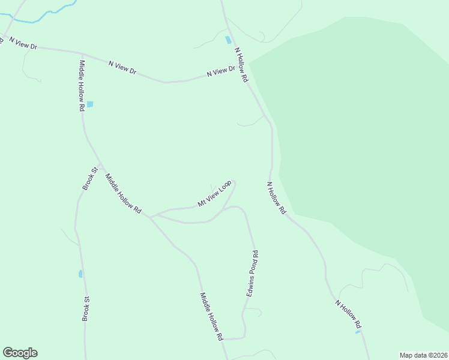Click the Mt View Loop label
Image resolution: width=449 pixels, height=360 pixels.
click(x=215, y=194)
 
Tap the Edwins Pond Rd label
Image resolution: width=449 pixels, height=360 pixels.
click(x=253, y=273)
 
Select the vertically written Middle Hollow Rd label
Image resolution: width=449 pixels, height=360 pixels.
click(x=82, y=86)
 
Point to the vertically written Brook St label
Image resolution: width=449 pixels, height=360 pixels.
click(x=86, y=308)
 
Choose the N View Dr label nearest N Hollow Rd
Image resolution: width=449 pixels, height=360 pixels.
click(x=220, y=71)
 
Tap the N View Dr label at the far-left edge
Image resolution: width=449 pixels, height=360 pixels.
click(x=22, y=43)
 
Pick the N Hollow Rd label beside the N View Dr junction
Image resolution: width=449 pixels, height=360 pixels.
click(x=241, y=65)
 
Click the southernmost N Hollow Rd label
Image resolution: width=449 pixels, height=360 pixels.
click(x=349, y=313)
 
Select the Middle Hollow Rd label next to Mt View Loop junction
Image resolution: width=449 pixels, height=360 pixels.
click(x=123, y=194)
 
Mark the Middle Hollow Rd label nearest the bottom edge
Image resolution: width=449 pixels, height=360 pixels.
click(x=212, y=317)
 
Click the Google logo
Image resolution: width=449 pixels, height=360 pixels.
click(x=20, y=353)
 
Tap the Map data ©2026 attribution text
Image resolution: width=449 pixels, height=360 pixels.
click(x=424, y=355)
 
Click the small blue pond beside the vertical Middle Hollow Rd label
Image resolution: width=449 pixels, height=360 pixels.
click(x=90, y=104)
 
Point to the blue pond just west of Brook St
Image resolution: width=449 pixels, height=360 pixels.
click(x=80, y=274)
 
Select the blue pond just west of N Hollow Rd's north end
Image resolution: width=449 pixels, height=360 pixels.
click(x=228, y=40)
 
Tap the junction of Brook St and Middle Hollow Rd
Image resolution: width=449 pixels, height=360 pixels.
click(x=98, y=165)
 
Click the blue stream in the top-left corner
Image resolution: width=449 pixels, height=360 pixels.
click(x=36, y=21)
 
